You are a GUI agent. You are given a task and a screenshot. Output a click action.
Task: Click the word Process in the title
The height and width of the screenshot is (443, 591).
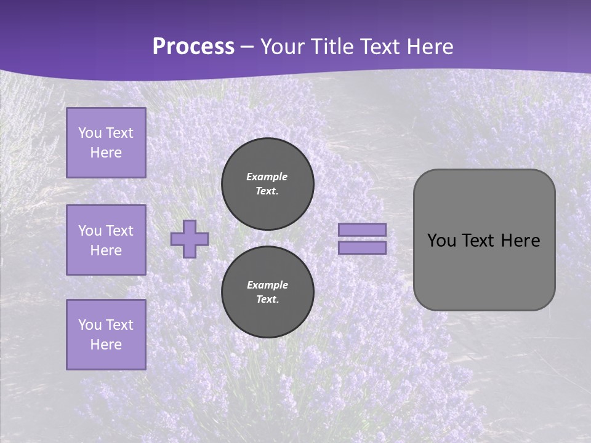(x=193, y=47)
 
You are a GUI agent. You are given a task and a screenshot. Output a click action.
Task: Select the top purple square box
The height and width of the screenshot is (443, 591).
(x=106, y=143)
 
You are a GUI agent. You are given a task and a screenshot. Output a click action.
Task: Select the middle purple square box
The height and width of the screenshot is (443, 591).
(x=106, y=240)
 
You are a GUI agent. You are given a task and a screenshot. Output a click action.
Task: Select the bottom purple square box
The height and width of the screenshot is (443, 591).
(x=106, y=334)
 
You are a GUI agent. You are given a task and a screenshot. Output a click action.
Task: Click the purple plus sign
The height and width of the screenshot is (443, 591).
(x=190, y=239)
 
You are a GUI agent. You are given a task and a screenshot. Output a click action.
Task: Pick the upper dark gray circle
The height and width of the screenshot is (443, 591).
(x=267, y=183)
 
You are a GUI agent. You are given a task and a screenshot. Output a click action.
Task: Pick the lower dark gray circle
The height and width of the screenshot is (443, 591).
(x=267, y=292)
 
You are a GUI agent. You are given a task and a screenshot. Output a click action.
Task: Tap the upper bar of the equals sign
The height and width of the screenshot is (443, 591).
(x=362, y=229)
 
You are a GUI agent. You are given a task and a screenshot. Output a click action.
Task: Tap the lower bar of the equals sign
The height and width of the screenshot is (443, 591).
(x=362, y=247)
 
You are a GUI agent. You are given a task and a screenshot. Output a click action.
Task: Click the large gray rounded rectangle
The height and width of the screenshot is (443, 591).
(x=484, y=271)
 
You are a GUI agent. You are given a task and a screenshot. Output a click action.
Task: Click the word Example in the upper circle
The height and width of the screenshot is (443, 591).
(x=267, y=177)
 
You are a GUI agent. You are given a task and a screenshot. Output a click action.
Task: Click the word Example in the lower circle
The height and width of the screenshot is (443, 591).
(x=267, y=285)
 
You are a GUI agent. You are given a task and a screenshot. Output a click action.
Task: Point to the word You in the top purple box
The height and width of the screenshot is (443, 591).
(x=89, y=133)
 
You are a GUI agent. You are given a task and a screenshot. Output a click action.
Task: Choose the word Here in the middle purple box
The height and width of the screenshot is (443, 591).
(x=106, y=250)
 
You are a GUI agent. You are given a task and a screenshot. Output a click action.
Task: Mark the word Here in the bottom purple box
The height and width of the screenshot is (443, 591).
(x=106, y=345)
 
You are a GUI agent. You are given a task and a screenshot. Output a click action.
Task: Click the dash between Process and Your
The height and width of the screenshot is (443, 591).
(x=247, y=47)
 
